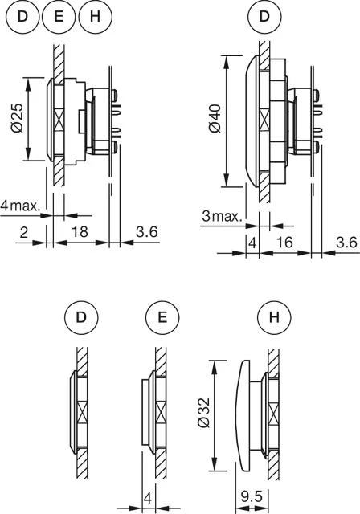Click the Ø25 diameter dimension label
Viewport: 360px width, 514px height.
point(17,118)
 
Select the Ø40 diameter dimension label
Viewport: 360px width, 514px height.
point(215,118)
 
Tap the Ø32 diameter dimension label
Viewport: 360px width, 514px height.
point(203,412)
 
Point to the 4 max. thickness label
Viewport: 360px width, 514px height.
point(21,206)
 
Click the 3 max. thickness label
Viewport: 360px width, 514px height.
point(222,216)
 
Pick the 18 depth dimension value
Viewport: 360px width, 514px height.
point(80,232)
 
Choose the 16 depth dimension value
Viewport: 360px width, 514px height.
point(284,243)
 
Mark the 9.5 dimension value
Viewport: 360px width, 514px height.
point(252,497)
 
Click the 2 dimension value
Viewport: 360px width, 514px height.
point(24,232)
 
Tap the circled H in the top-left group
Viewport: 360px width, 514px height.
point(96,16)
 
